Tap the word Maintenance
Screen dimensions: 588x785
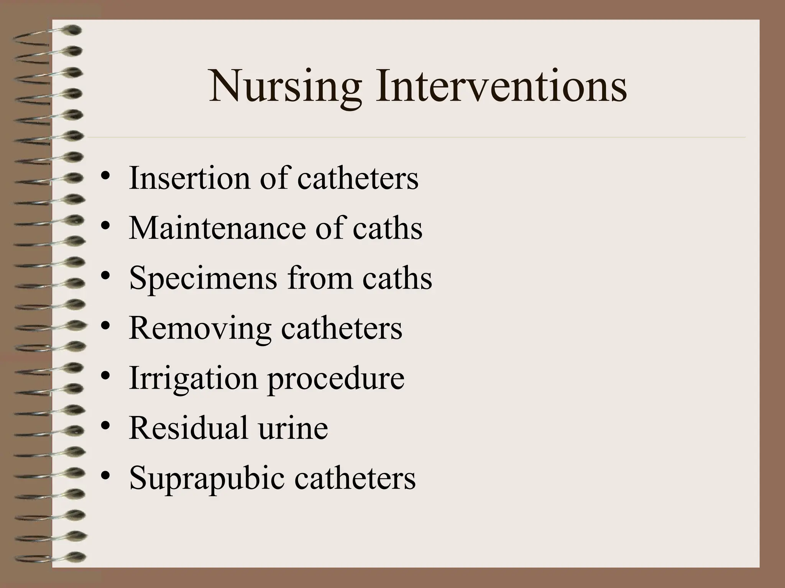coord(217,229)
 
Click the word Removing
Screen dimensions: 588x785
coord(199,328)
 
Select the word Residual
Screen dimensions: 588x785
coord(188,428)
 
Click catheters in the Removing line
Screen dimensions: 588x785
coord(342,328)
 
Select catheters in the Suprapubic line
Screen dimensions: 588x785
coord(355,478)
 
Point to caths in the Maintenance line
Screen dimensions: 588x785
coord(387,229)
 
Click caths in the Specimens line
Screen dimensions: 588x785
coord(397,278)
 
